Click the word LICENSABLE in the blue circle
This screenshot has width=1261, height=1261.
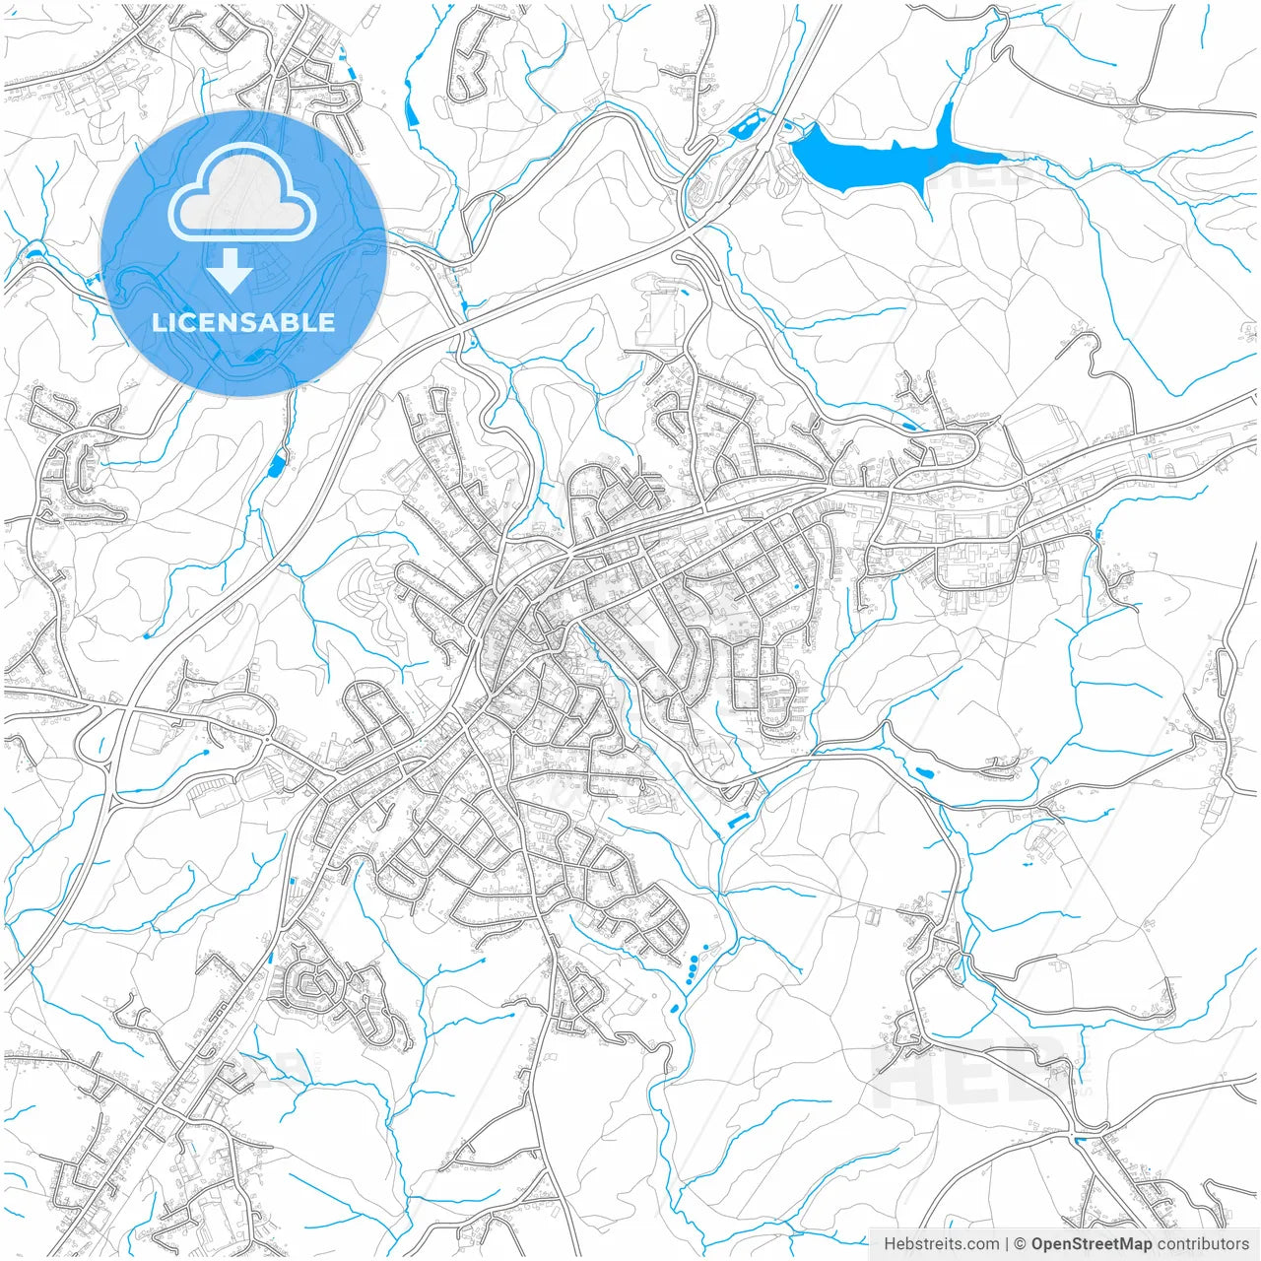(x=243, y=323)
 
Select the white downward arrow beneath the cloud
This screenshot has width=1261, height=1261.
(x=231, y=270)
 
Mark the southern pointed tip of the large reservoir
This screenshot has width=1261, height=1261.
(x=927, y=202)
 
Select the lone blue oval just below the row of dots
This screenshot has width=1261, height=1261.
(x=674, y=1009)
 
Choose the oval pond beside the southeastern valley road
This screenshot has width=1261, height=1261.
(x=924, y=772)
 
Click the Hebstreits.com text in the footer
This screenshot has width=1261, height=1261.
(x=941, y=1244)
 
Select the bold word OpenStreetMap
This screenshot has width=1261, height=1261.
(x=1092, y=1244)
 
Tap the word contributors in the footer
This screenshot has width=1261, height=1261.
(x=1203, y=1244)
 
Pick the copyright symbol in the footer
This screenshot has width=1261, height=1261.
(x=1021, y=1244)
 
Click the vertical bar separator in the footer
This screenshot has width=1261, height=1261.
(x=1007, y=1244)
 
